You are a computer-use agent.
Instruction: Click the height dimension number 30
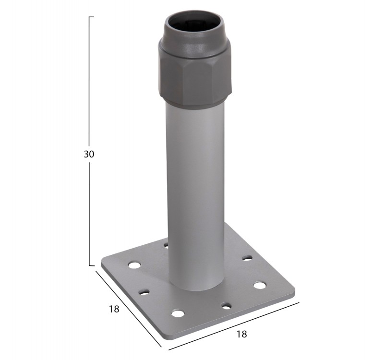pos(89,154)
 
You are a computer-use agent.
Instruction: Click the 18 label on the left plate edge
pos(114,309)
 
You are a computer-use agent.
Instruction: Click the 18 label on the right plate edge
pos(242,334)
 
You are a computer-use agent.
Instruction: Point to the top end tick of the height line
pos(91,17)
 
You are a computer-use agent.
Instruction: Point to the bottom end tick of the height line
pos(91,265)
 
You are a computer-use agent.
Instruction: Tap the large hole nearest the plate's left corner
pos(134,265)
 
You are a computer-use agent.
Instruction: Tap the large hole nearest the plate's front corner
pos(178,313)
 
